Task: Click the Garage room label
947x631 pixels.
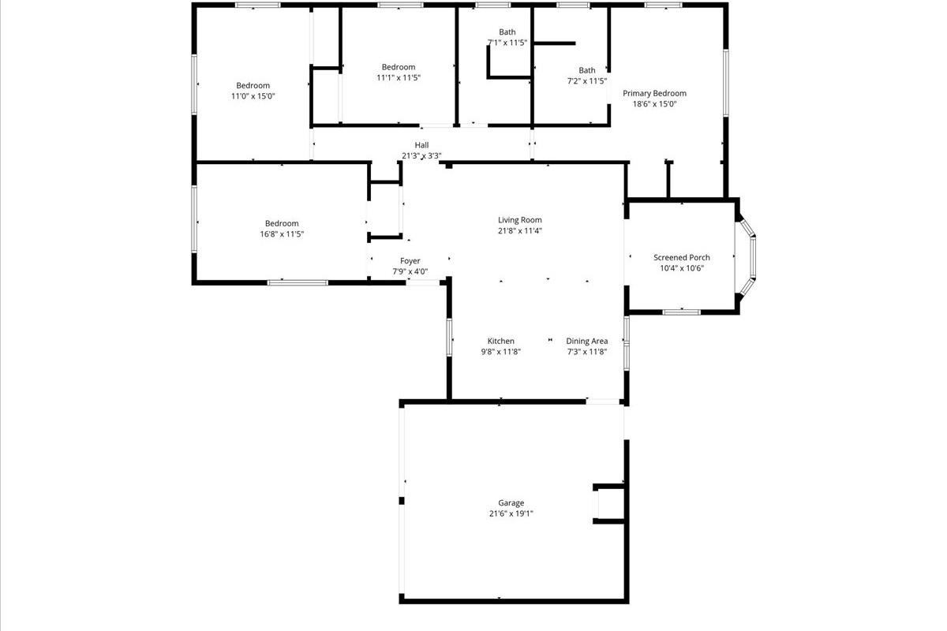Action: pos(511,502)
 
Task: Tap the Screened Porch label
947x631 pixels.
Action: pos(682,257)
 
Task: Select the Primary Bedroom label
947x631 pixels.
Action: pos(654,93)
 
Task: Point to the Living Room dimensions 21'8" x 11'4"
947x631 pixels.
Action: pos(519,231)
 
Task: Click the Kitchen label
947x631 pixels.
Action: pos(501,341)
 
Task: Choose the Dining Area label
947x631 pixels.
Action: pos(587,341)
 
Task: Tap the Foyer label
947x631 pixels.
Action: pos(410,261)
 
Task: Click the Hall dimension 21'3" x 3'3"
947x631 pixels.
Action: pos(421,156)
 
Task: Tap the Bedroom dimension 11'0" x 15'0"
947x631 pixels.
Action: pos(253,96)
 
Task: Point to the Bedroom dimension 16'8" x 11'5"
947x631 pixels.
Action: pos(282,234)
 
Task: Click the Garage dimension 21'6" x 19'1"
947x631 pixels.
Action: pos(511,513)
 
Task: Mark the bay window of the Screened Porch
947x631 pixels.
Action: pos(747,257)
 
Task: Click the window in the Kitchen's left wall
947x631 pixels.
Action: pos(449,338)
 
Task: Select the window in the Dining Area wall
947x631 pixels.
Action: pos(627,343)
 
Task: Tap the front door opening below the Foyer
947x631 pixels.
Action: pos(423,282)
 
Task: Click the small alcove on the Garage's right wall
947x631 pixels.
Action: pos(608,504)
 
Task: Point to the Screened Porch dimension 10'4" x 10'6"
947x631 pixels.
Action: pos(682,268)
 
